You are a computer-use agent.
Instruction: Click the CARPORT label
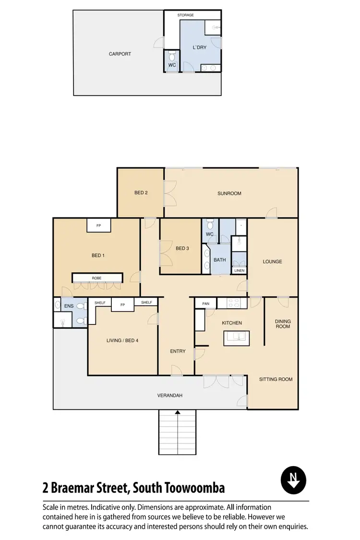pyautogui.click(x=120, y=54)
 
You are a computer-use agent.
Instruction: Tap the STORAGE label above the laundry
pyautogui.click(x=185, y=15)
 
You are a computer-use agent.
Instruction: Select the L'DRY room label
pyautogui.click(x=199, y=48)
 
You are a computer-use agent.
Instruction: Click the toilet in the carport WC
pyautogui.click(x=172, y=56)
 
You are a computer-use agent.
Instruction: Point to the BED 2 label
pyautogui.click(x=141, y=193)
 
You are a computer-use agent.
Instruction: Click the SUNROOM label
pyautogui.click(x=229, y=193)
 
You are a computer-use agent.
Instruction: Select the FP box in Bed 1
pyautogui.click(x=99, y=225)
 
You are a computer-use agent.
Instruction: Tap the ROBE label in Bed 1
pyautogui.click(x=97, y=278)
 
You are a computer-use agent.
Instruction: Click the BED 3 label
pyautogui.click(x=182, y=248)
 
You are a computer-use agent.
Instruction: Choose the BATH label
pyautogui.click(x=220, y=260)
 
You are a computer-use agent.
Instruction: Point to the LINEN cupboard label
pyautogui.click(x=239, y=271)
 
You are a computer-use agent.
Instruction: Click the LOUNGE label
pyautogui.click(x=272, y=262)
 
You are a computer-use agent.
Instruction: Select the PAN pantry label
pyautogui.click(x=205, y=303)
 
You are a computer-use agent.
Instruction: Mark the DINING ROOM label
pyautogui.click(x=282, y=324)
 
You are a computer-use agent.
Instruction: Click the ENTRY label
pyautogui.click(x=178, y=351)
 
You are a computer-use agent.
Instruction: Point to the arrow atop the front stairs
pyautogui.click(x=178, y=412)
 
